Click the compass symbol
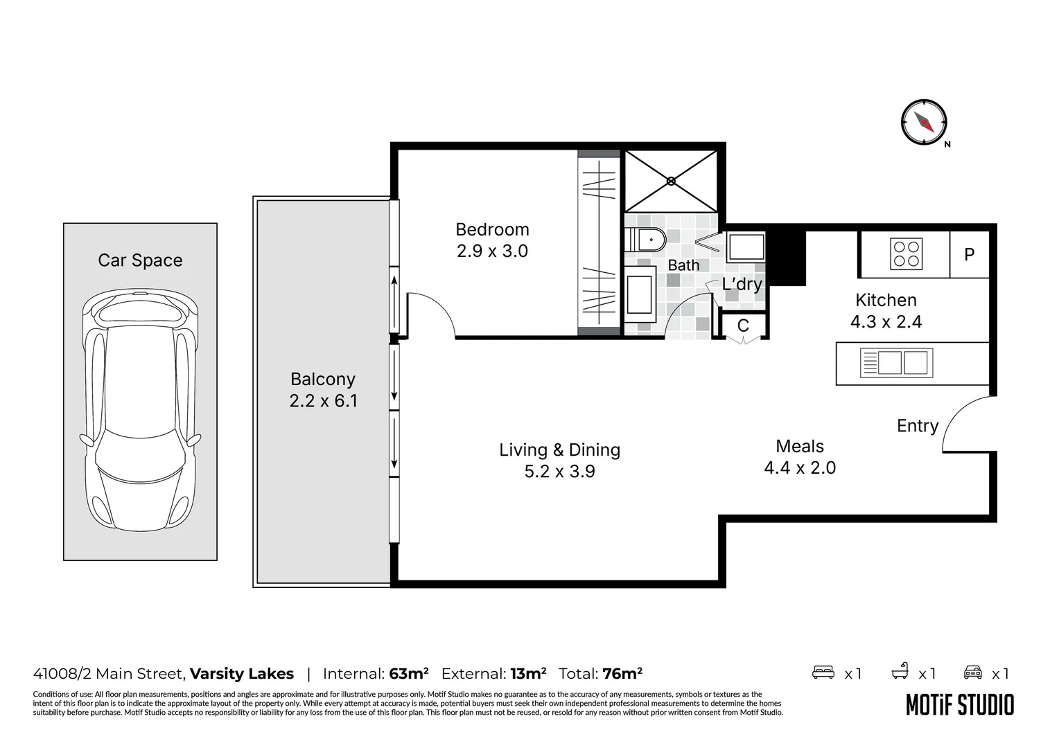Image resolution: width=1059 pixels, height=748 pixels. click(924, 122)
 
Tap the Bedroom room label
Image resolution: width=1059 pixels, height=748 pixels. click(492, 229)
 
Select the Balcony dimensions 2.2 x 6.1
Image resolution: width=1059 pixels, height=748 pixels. click(323, 401)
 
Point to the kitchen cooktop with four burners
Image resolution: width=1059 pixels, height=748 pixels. click(907, 254)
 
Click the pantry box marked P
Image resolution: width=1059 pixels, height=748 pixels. click(969, 255)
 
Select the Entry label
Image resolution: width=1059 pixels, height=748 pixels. click(917, 426)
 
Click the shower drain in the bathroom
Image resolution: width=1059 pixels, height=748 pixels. click(671, 181)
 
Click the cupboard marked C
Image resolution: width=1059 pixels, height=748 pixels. click(743, 326)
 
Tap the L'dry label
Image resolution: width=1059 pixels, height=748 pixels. click(742, 285)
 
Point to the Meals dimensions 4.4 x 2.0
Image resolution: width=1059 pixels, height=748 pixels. click(800, 468)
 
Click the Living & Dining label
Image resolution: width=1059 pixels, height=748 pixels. click(559, 450)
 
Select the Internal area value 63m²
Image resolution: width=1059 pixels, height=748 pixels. click(408, 674)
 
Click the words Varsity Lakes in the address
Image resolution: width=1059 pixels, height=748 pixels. click(242, 674)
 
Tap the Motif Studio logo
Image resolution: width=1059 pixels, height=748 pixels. click(960, 705)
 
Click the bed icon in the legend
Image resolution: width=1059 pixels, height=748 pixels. click(823, 673)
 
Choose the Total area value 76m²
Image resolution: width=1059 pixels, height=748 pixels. click(622, 674)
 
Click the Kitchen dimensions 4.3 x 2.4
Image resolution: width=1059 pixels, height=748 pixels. click(886, 322)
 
